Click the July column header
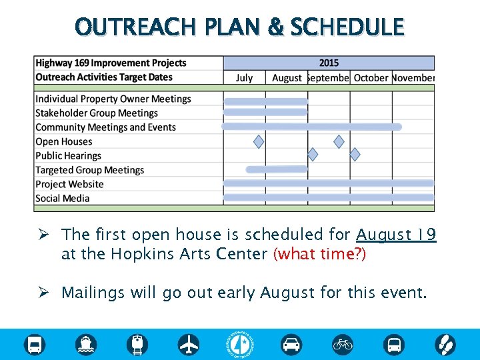click(x=244, y=78)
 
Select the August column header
click(x=287, y=78)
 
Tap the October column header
click(x=371, y=78)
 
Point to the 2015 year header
click(x=328, y=63)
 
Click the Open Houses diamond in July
click(x=259, y=141)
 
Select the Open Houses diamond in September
click(x=339, y=141)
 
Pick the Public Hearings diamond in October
click(x=355, y=155)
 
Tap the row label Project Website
click(x=69, y=184)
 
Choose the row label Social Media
click(x=62, y=198)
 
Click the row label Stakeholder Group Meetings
click(x=96, y=113)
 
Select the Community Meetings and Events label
click(x=105, y=127)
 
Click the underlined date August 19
click(x=396, y=235)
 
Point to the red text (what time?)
click(x=319, y=255)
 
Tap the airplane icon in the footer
click(x=189, y=345)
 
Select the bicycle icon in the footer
click(x=343, y=345)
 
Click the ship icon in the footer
click(x=86, y=345)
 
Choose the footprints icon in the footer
click(x=445, y=345)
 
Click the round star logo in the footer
click(x=240, y=345)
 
